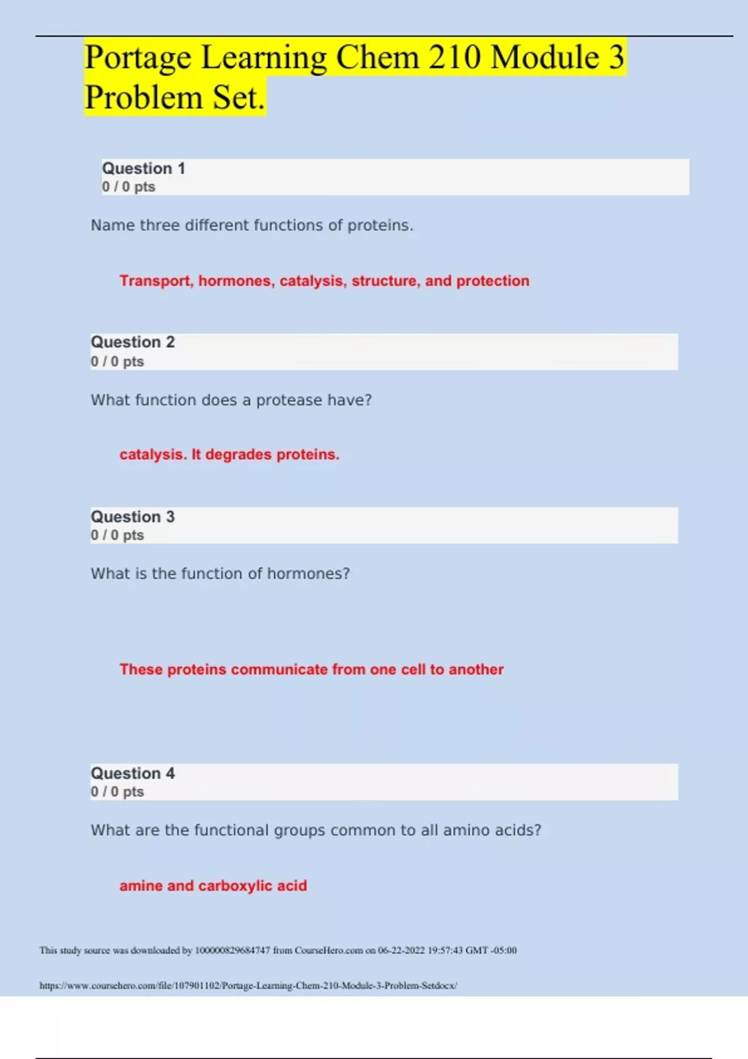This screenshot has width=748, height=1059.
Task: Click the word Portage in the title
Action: click(x=138, y=58)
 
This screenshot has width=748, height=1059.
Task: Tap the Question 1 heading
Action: click(x=143, y=168)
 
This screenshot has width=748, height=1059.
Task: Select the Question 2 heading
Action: click(x=133, y=342)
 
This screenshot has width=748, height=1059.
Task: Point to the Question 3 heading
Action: click(x=133, y=516)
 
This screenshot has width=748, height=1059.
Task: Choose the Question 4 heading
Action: click(x=133, y=773)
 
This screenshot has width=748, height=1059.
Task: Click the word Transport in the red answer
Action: click(x=156, y=281)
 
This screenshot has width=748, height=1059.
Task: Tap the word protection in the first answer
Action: click(x=492, y=281)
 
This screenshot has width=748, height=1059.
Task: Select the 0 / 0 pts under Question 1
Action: click(x=128, y=187)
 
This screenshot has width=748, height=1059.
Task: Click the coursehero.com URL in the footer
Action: click(x=248, y=985)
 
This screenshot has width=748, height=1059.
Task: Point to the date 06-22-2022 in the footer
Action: click(x=401, y=951)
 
